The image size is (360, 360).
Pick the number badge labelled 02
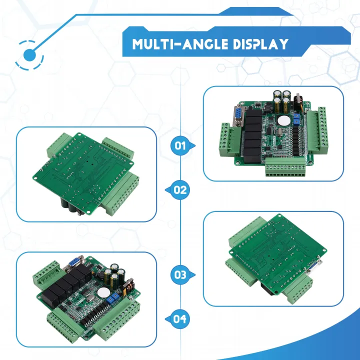(179, 190)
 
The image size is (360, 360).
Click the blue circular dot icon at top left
(29, 53)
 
